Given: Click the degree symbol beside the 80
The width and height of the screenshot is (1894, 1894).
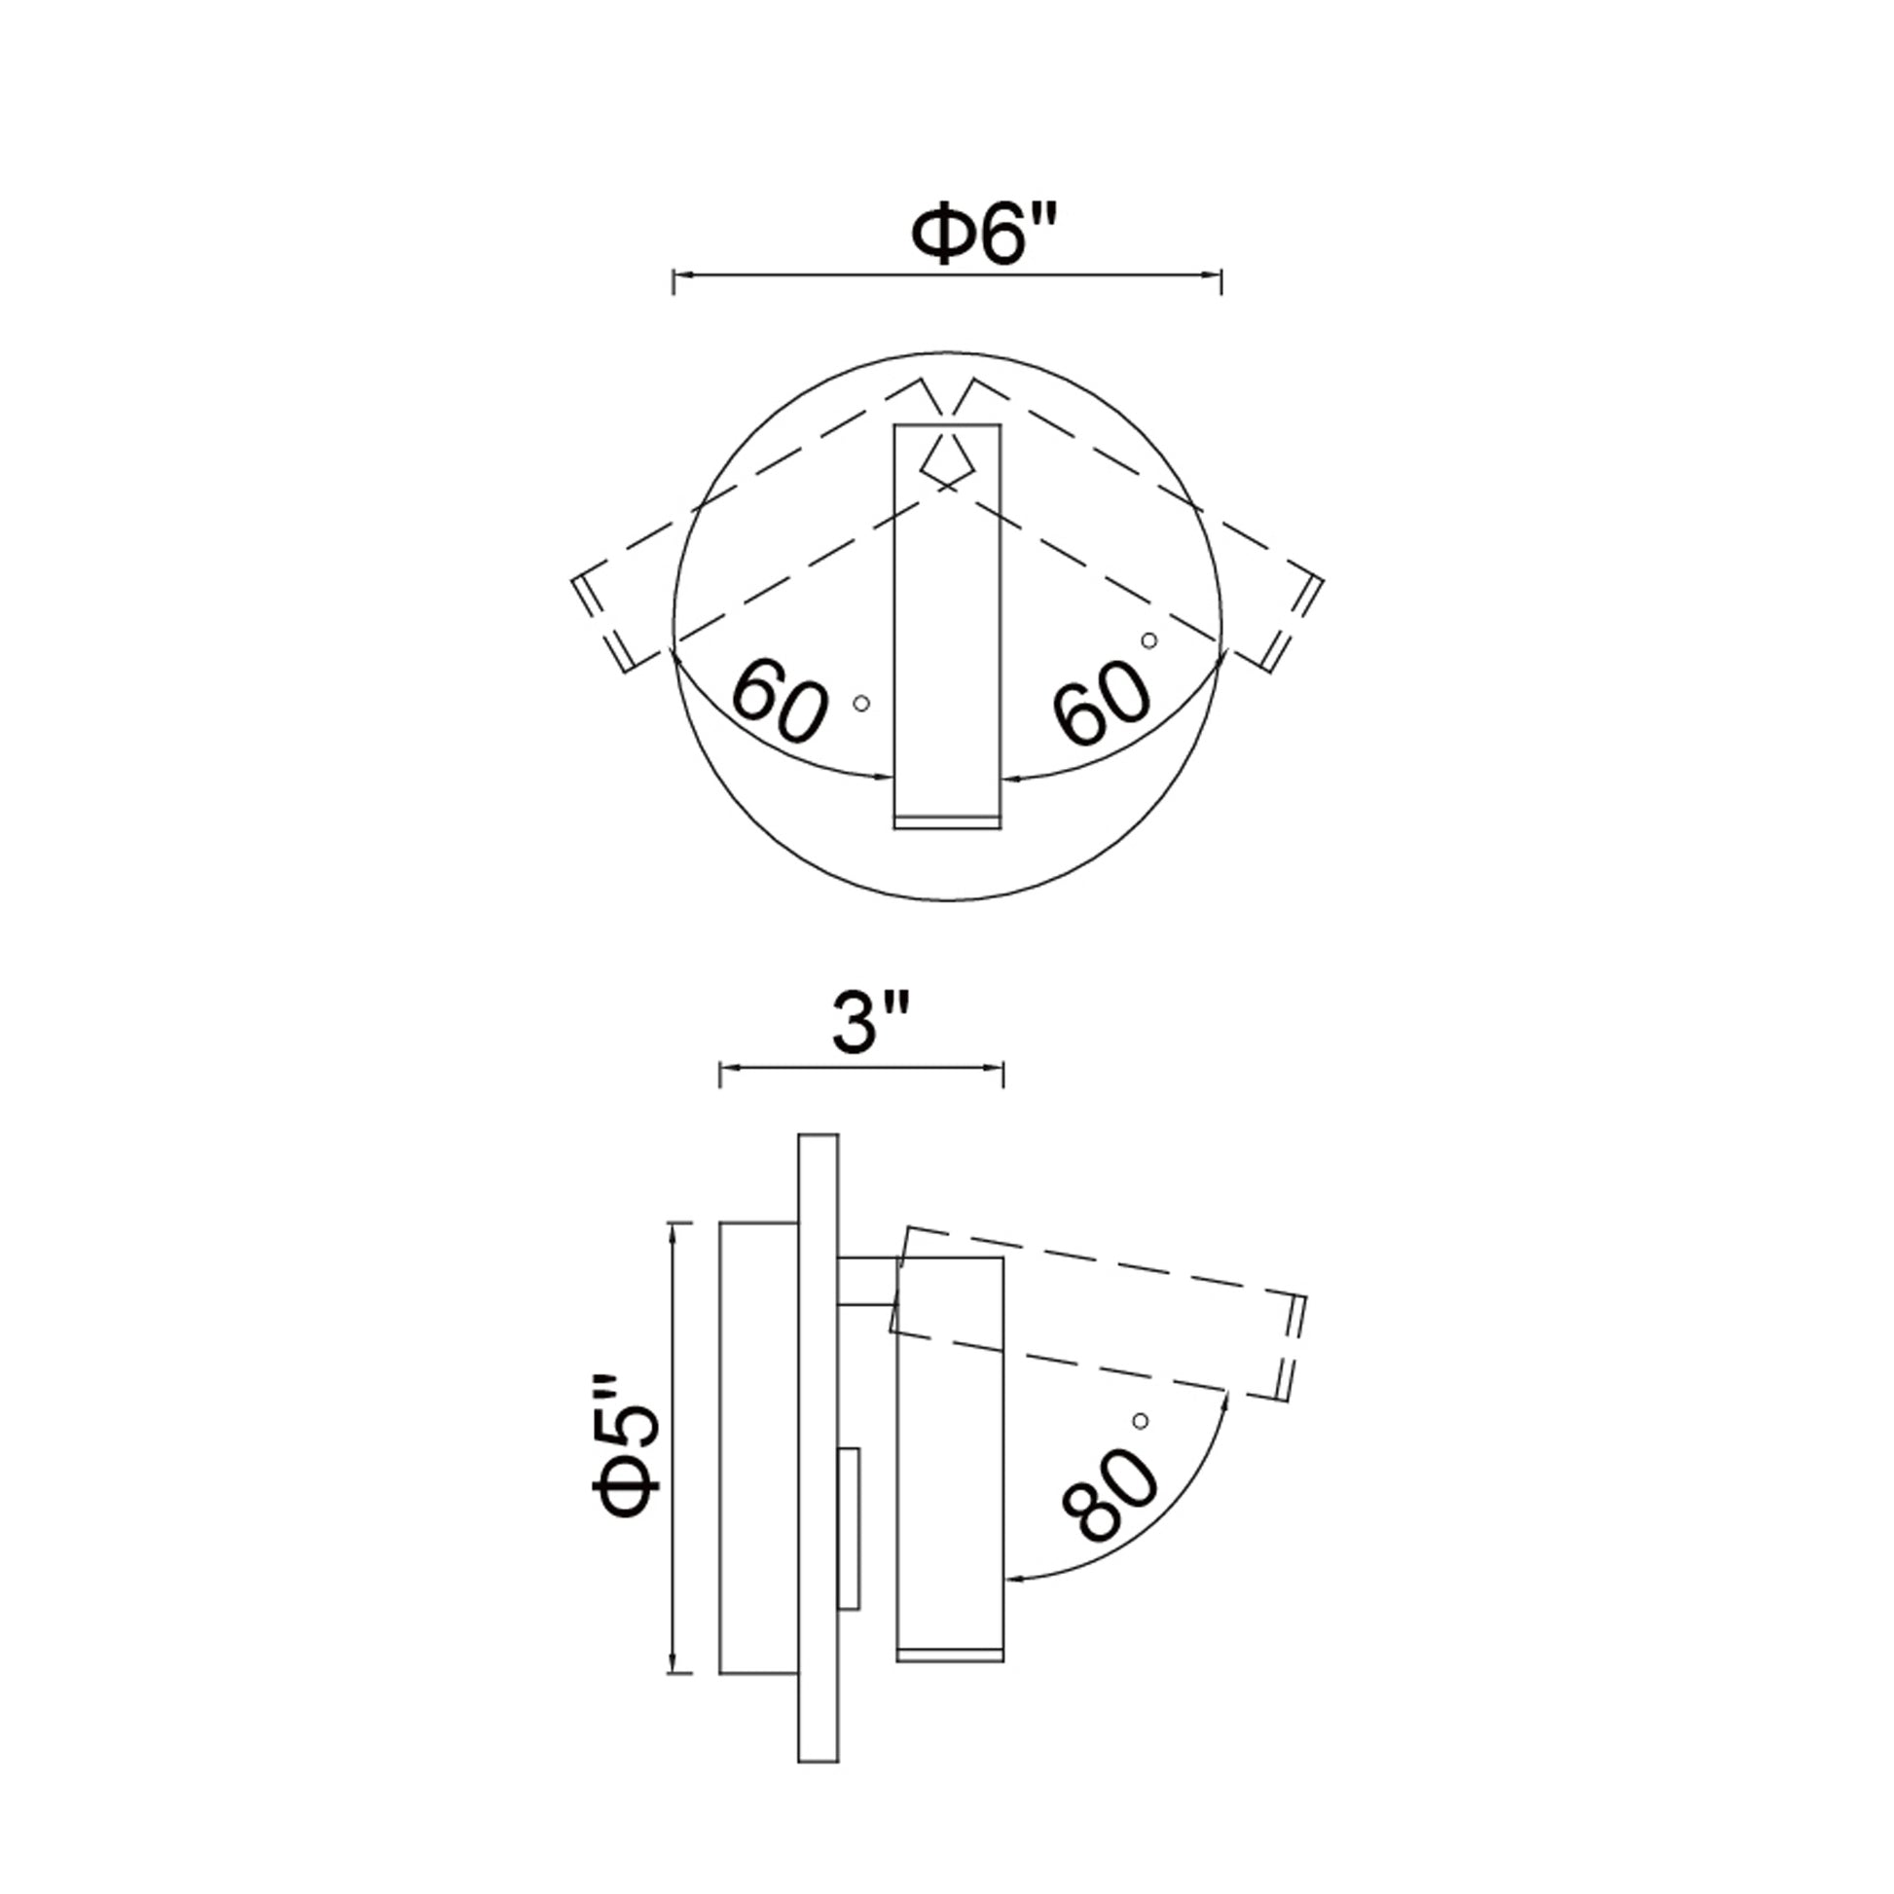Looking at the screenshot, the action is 1139,1421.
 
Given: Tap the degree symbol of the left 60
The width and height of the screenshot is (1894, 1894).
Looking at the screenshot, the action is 861,703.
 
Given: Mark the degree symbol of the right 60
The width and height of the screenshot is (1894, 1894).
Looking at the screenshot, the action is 1148,640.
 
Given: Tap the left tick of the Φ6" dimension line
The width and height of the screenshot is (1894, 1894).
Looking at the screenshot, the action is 674,281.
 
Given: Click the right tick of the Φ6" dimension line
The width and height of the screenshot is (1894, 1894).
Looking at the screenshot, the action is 1220,281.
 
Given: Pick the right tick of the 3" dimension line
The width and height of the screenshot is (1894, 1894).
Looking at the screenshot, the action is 1002,1074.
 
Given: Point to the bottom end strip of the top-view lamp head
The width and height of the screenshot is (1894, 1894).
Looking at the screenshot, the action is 948,821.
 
